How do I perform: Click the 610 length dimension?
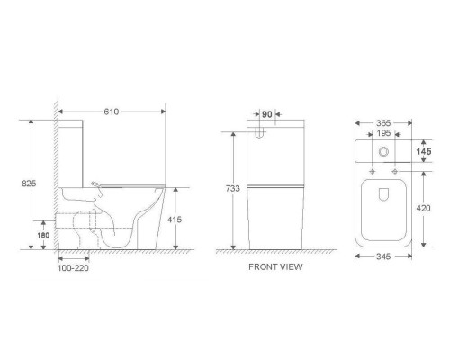click(x=112, y=112)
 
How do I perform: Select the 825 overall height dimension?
click(x=29, y=184)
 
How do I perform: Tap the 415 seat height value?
click(x=175, y=220)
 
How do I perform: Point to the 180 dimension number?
click(x=43, y=235)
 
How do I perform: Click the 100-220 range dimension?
click(x=73, y=268)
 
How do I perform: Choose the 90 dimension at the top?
click(x=267, y=114)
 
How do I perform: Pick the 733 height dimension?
click(x=233, y=188)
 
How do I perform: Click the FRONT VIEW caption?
click(x=275, y=266)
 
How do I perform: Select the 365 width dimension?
click(x=383, y=123)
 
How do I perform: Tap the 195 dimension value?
click(x=383, y=133)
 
